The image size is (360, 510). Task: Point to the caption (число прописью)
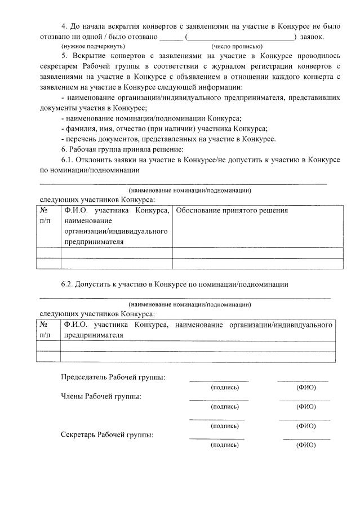[237, 46]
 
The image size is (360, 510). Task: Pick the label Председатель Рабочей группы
[113, 377]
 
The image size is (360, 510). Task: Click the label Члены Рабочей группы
[101, 396]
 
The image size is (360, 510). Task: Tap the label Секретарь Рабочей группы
[107, 434]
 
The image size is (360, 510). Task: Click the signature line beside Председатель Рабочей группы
[219, 381]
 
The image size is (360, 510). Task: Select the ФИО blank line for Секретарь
[306, 438]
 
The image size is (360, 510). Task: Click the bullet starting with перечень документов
[168, 139]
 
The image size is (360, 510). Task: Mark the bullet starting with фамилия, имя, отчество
[164, 128]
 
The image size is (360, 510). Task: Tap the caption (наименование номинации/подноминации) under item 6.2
[189, 304]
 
